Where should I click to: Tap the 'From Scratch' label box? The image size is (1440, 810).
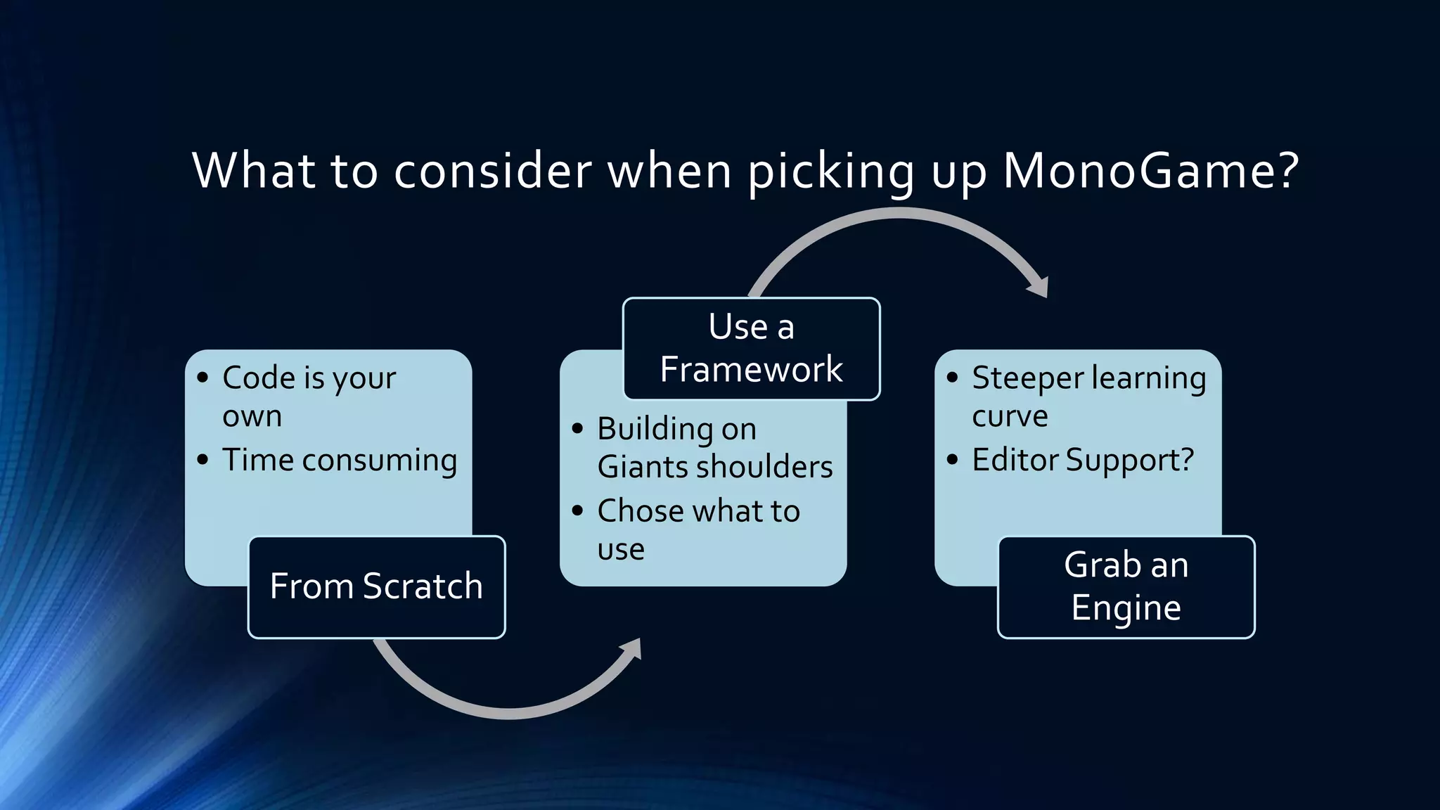click(x=376, y=587)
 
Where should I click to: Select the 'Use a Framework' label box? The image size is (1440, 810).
click(x=751, y=349)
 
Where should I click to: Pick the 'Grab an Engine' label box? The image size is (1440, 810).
click(x=1126, y=587)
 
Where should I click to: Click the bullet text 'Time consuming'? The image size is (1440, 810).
click(x=340, y=460)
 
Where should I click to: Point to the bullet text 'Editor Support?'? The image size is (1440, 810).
click(x=1083, y=460)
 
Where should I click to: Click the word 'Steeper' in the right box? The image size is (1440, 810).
click(x=1027, y=378)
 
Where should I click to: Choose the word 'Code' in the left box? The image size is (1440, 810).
click(x=259, y=378)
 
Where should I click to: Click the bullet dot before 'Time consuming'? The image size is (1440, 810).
click(x=203, y=460)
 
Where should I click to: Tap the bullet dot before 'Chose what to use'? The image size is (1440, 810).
click(x=578, y=510)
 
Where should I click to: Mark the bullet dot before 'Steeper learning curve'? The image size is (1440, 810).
click(x=953, y=378)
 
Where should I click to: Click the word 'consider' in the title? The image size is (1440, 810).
click(x=492, y=171)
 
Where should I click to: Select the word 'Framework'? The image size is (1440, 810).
click(x=751, y=370)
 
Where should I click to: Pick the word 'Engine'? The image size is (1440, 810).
click(x=1126, y=607)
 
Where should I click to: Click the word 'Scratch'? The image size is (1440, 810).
click(x=423, y=587)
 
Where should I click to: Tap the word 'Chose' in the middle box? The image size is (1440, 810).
click(x=641, y=511)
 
